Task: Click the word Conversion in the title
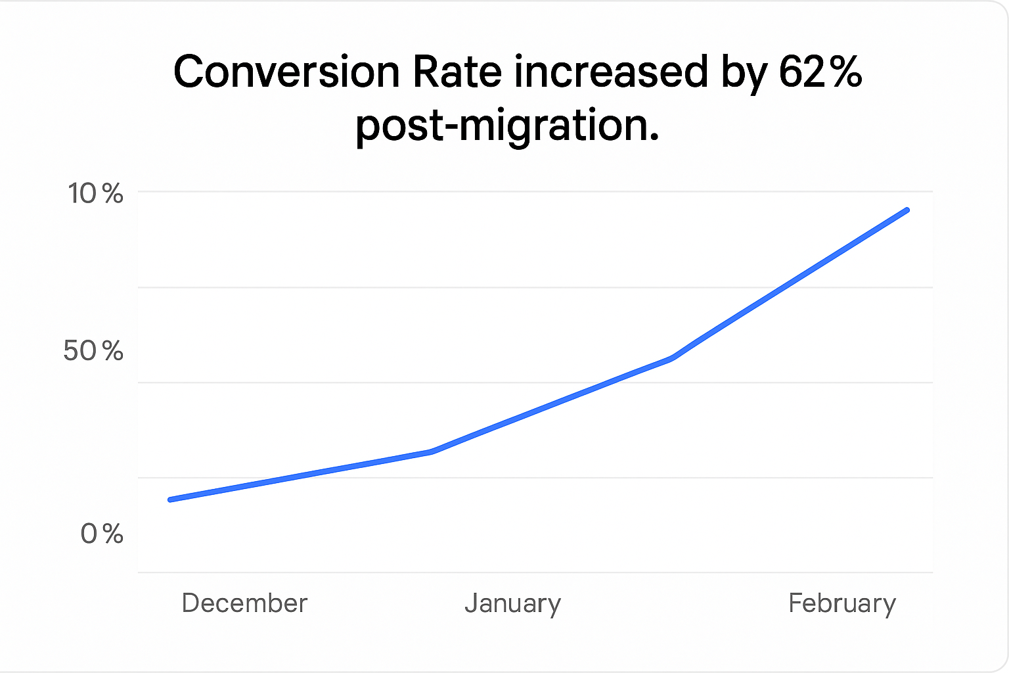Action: [x=286, y=72]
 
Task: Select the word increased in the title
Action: [x=611, y=72]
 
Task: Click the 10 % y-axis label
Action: [x=96, y=194]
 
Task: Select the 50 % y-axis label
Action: [x=93, y=351]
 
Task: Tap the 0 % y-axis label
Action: [x=102, y=534]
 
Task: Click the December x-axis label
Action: [x=244, y=603]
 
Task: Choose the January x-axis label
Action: [x=512, y=603]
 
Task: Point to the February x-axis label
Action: [x=842, y=603]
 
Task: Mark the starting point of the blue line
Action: [x=171, y=499]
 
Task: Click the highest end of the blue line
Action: [x=907, y=210]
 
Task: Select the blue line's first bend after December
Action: [x=431, y=452]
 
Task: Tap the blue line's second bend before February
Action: [x=671, y=358]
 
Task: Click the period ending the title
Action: [x=653, y=137]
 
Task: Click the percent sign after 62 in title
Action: [x=845, y=72]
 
